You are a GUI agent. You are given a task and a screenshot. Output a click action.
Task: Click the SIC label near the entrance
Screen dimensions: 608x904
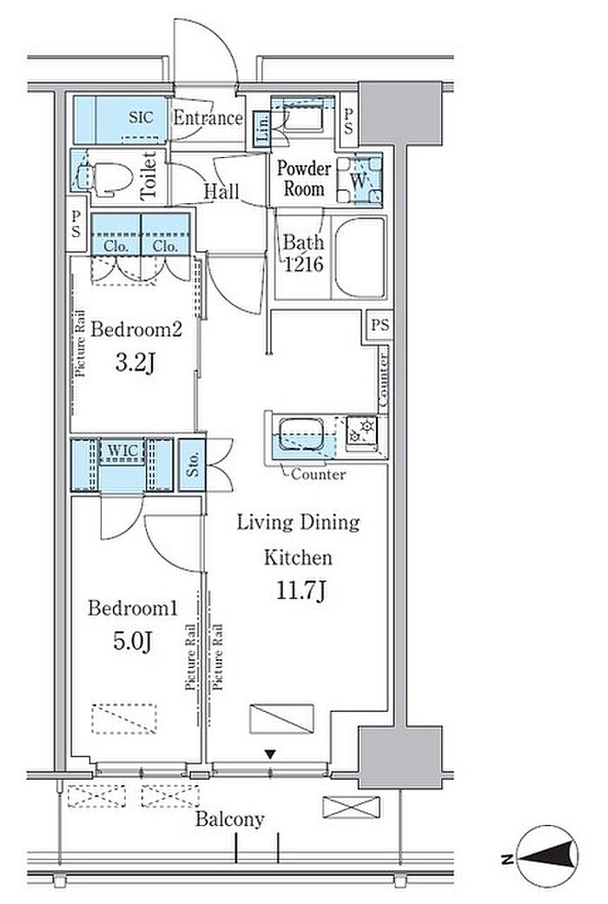coord(141,117)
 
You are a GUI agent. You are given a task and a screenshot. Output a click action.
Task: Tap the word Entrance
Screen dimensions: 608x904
coord(208,118)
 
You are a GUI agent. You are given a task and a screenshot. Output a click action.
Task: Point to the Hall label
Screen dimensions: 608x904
coord(221,191)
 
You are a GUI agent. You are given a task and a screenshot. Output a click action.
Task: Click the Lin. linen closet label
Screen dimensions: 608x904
coord(263,129)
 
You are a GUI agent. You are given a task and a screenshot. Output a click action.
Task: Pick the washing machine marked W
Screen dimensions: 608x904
coord(359,179)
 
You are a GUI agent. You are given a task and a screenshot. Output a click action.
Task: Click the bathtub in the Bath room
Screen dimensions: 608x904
coord(360,257)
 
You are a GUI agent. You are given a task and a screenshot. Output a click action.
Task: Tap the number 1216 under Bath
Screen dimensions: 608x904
coord(303,265)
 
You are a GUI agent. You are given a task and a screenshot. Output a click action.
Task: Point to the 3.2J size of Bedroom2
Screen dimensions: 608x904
coord(135,363)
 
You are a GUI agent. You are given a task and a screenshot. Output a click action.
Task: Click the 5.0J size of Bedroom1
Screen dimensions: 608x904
coord(133,641)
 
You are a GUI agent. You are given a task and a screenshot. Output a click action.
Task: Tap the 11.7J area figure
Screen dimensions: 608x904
coord(301,591)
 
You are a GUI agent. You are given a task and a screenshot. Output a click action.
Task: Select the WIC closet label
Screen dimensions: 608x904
coord(122,451)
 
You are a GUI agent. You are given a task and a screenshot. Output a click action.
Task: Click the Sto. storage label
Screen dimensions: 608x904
coord(193,464)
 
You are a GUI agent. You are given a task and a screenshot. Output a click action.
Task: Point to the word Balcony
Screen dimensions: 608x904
coord(229,819)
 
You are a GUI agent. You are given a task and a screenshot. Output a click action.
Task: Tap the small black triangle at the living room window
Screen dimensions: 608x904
coord(269,754)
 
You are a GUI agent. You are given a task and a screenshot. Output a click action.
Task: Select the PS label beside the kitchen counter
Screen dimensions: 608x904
coord(380,325)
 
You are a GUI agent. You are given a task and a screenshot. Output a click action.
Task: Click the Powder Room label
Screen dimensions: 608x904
coord(304,178)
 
